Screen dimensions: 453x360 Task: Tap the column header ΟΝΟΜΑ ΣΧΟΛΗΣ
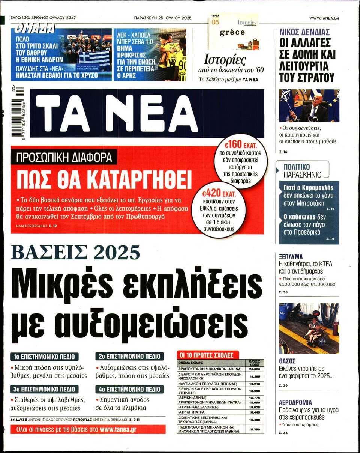click(x=190, y=363)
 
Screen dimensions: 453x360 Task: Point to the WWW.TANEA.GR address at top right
click(x=324, y=18)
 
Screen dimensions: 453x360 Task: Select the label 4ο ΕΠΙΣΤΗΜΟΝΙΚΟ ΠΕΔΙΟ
click(x=129, y=389)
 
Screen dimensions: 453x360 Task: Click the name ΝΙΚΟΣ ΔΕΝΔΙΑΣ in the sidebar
click(x=304, y=32)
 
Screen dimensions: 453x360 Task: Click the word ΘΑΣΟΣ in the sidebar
click(x=288, y=361)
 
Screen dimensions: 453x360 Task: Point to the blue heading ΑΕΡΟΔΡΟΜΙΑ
click(x=295, y=402)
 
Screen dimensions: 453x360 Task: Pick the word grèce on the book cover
click(x=232, y=32)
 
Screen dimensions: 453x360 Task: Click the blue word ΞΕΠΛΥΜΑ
click(x=291, y=257)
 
